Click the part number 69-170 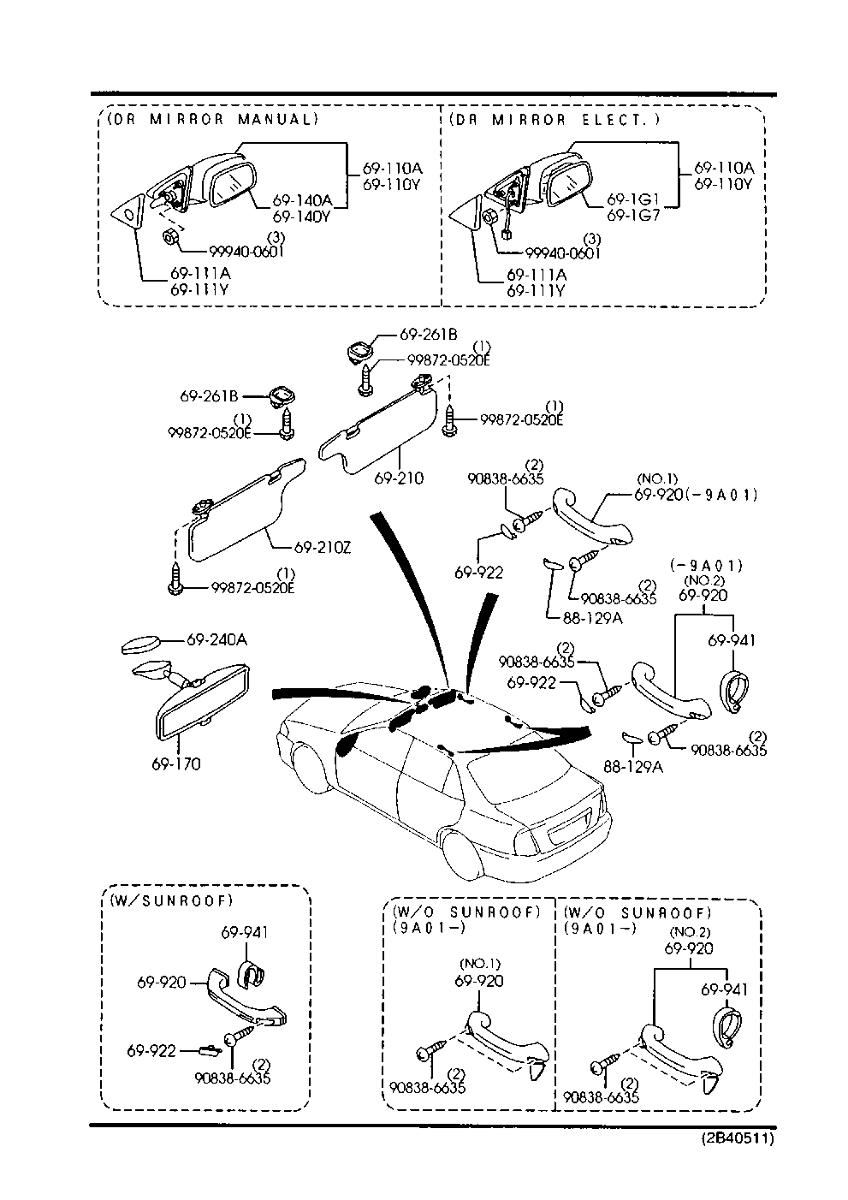tap(176, 763)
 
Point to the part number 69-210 tap(398, 478)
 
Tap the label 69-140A tap(302, 201)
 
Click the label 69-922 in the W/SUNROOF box tap(151, 1050)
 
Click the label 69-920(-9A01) tap(696, 495)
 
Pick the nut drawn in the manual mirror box tap(169, 237)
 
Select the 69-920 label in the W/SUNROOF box tap(161, 983)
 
